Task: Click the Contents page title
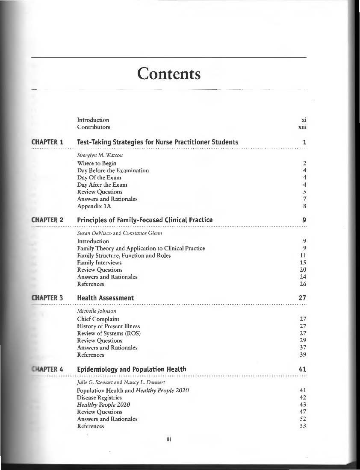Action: tap(169, 74)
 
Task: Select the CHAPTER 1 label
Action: tap(47, 142)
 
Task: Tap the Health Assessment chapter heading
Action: tap(105, 298)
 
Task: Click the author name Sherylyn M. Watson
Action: tap(95, 156)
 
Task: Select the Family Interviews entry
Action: tap(99, 263)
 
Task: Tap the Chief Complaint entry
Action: tap(98, 319)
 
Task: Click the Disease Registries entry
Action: tap(99, 397)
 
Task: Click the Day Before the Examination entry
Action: tap(113, 170)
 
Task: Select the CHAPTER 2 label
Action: tap(47, 220)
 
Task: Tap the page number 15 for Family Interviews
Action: tap(304, 263)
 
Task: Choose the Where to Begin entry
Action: tap(97, 163)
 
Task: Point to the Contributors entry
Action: tap(93, 127)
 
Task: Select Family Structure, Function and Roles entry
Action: tap(124, 256)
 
